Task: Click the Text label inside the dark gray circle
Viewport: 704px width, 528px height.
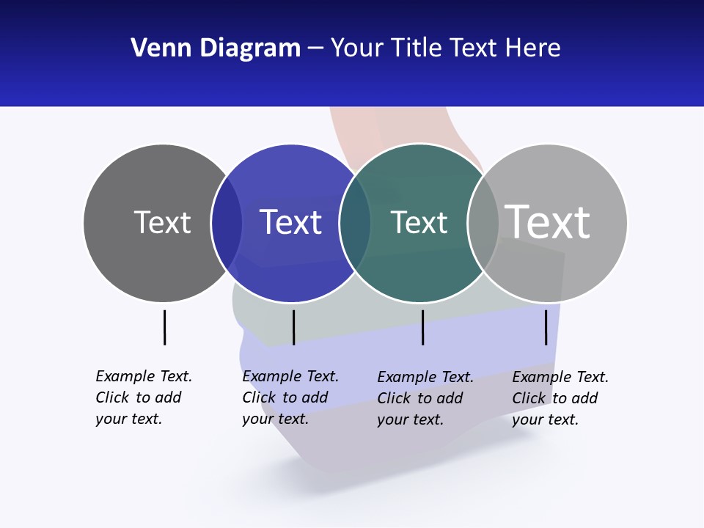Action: (162, 222)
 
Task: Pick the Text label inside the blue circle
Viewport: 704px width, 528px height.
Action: (290, 222)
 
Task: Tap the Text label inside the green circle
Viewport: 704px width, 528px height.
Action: (419, 222)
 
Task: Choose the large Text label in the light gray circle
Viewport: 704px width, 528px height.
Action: (548, 221)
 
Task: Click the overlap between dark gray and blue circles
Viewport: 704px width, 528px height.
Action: (227, 223)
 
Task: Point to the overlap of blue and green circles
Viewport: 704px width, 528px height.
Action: (355, 223)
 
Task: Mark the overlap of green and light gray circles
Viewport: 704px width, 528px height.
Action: (483, 223)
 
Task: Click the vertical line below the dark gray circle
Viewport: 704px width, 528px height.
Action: (164, 327)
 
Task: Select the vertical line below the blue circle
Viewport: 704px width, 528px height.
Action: (293, 327)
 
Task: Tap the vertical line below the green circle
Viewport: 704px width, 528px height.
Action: (422, 327)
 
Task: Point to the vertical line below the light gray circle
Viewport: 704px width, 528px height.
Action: (546, 327)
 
